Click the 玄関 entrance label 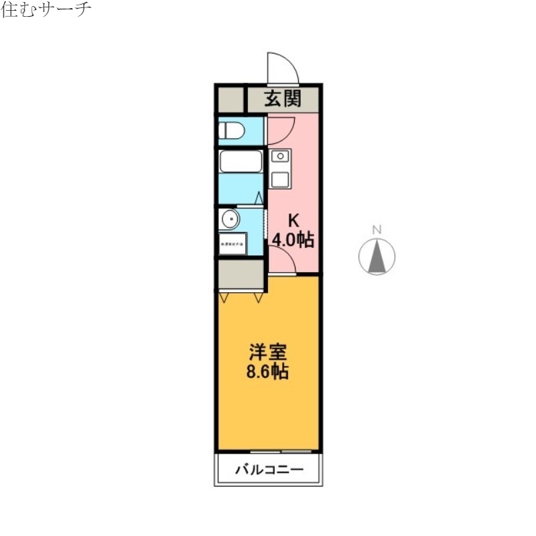[x=282, y=99]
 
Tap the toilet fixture [x=232, y=130]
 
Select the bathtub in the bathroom [x=241, y=161]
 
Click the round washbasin [x=230, y=218]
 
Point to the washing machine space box [x=232, y=244]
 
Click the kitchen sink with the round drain [x=280, y=157]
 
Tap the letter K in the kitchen [x=292, y=219]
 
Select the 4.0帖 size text [x=293, y=239]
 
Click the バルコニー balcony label [x=269, y=470]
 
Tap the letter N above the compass [x=377, y=230]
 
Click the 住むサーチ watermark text [x=46, y=10]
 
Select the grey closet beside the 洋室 [x=241, y=274]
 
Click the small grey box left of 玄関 [x=230, y=99]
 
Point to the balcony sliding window [x=281, y=450]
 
